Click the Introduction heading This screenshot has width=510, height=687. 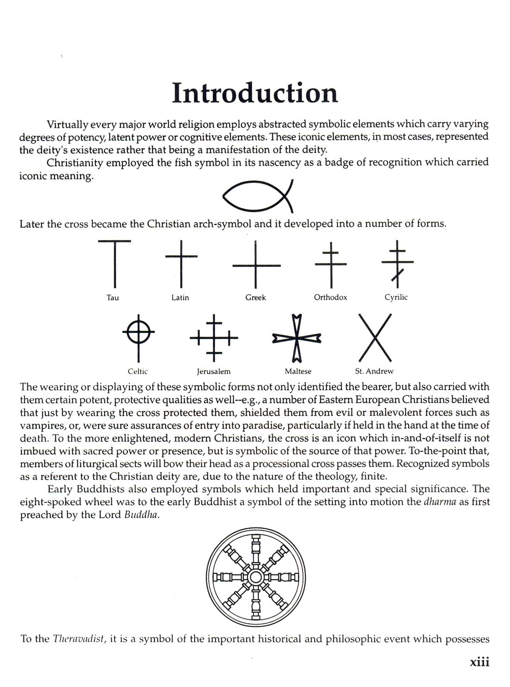point(255,93)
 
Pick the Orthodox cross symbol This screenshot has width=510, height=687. point(331,264)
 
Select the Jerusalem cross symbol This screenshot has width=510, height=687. point(214,337)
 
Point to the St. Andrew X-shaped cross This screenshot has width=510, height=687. point(376,337)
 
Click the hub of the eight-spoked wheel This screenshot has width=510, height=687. point(256,577)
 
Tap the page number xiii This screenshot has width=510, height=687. point(479,662)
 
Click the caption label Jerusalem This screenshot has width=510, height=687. point(214,371)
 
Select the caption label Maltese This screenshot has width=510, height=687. point(298,371)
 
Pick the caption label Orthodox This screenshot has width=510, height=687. point(330,297)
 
